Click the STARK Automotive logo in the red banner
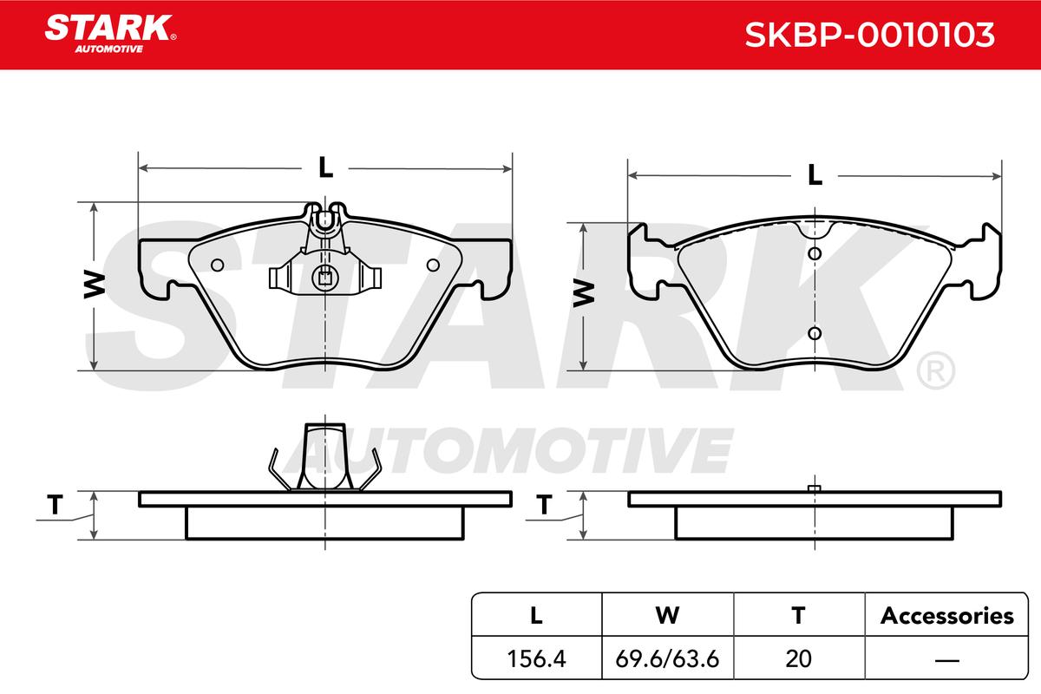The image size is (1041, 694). click(x=110, y=34)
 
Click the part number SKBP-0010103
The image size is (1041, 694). click(x=869, y=35)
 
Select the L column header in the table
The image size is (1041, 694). click(x=536, y=616)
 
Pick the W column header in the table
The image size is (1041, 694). click(x=667, y=616)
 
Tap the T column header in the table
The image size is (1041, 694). click(x=798, y=616)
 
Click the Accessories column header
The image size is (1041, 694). click(x=946, y=616)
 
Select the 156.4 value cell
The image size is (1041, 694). click(x=536, y=658)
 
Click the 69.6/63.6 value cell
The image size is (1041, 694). click(x=667, y=658)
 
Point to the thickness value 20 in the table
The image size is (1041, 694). click(x=798, y=658)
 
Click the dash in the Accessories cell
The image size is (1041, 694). click(x=946, y=659)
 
